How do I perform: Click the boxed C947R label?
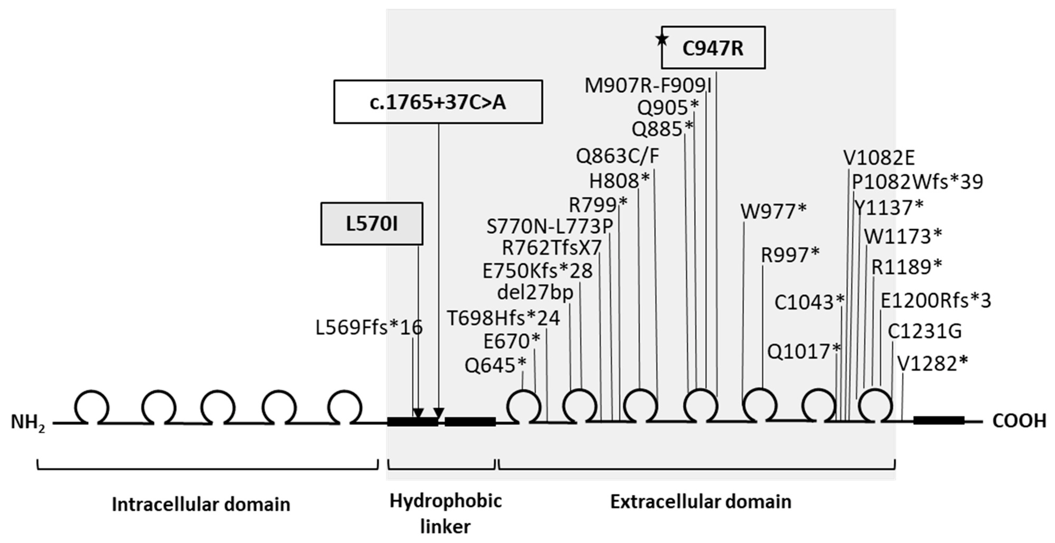713,48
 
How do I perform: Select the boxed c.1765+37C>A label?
438,102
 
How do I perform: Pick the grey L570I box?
372,224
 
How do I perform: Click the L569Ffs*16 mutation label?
369,328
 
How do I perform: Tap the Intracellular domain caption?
201,504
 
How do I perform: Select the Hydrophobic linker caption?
445,513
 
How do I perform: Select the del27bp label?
535,292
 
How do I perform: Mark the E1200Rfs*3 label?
936,301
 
